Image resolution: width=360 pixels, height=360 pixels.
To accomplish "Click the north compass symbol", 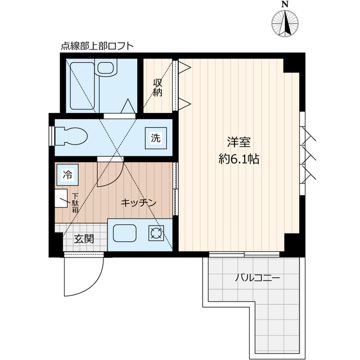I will click(x=286, y=23).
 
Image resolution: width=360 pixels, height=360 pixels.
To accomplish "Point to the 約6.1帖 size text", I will click(x=238, y=159).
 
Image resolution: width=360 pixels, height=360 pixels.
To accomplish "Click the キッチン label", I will click(x=138, y=202).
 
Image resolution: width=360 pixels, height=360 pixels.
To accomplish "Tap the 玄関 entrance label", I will click(x=84, y=238).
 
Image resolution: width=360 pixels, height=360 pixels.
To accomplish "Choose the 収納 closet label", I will click(x=158, y=87).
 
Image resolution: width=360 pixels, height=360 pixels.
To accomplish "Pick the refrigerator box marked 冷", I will click(x=67, y=174).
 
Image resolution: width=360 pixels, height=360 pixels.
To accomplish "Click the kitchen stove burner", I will click(x=155, y=233).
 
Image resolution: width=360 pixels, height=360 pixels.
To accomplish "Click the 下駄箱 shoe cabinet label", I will click(x=74, y=204).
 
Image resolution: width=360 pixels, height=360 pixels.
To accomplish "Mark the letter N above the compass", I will click(x=286, y=4).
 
